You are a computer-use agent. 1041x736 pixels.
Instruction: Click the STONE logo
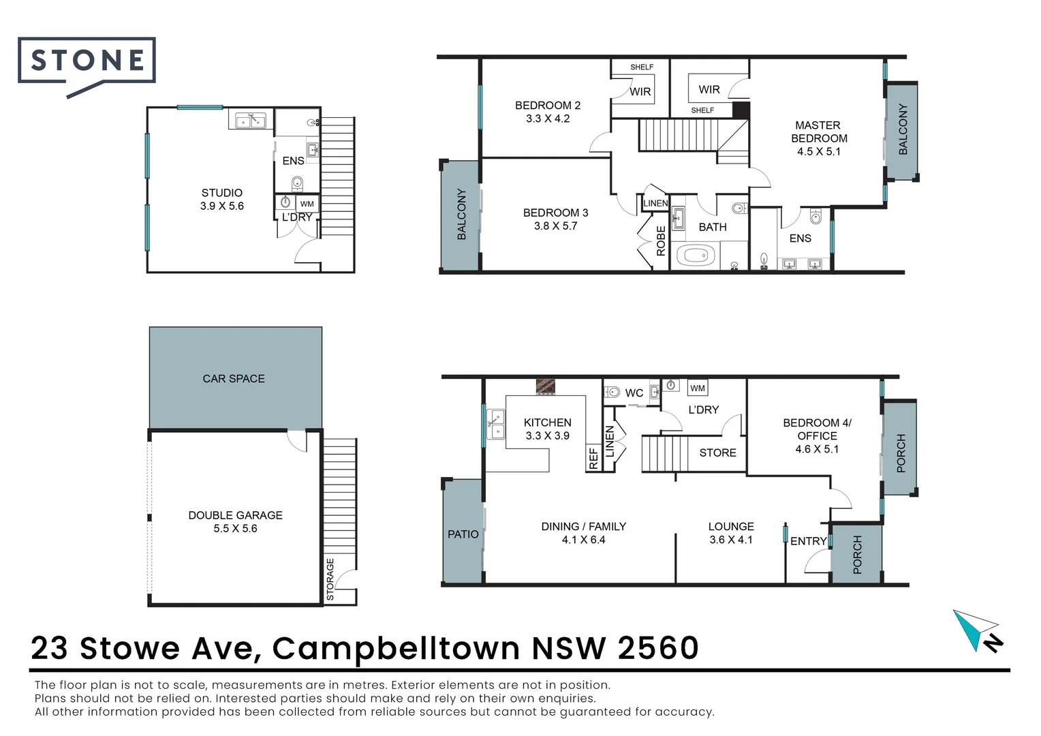pos(87,61)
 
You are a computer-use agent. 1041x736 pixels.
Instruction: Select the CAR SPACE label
pos(234,379)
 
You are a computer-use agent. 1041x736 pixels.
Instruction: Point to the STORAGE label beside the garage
pos(330,579)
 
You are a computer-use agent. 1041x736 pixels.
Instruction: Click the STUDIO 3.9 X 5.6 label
pos(222,199)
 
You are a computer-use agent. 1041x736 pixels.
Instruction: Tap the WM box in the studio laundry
pos(307,204)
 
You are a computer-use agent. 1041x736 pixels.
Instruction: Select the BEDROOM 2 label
pos(548,106)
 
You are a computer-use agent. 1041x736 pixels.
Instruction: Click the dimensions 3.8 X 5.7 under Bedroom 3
pos(555,226)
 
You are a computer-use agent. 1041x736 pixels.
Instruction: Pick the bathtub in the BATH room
pos(696,257)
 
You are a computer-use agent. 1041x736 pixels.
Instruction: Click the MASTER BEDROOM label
pos(818,132)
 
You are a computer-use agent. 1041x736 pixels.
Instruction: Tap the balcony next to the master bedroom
pos(902,129)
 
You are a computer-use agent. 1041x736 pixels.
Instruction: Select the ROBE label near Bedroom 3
pos(660,241)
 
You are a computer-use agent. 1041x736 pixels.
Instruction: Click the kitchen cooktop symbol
pos(546,386)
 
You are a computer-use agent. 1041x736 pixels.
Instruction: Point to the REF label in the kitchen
pos(593,458)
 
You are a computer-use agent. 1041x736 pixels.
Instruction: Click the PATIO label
pos(463,534)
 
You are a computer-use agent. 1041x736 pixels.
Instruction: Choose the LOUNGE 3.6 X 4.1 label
pos(731,533)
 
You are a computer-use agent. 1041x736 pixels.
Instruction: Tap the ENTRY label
pos(809,541)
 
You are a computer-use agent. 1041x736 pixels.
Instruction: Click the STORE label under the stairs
pos(717,453)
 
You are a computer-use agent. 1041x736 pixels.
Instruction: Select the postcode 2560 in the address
pos(658,648)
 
